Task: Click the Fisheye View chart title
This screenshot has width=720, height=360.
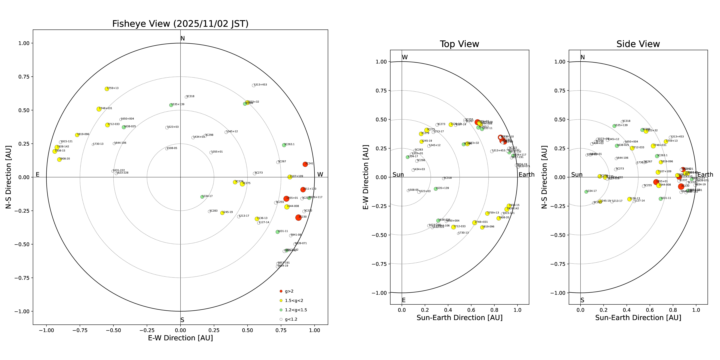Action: click(180, 24)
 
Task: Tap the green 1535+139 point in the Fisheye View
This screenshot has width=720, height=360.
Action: click(171, 105)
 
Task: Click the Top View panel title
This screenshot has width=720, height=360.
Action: click(459, 44)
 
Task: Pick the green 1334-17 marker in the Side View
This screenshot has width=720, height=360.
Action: click(586, 192)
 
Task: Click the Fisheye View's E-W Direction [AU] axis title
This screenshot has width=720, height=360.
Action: click(180, 338)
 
